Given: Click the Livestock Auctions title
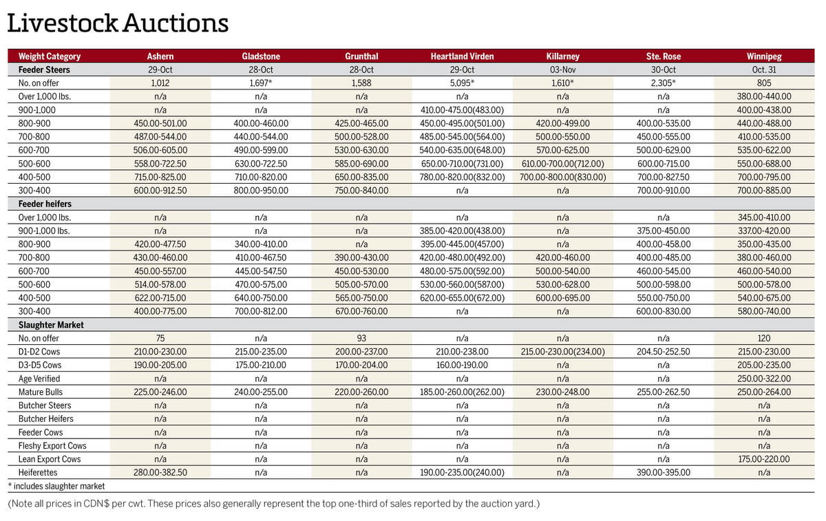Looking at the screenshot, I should (x=118, y=23).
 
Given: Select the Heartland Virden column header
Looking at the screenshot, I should (x=462, y=56).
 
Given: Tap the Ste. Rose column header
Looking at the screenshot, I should (x=663, y=56).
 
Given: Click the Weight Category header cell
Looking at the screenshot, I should (x=50, y=56).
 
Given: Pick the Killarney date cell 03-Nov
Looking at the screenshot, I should (x=562, y=70).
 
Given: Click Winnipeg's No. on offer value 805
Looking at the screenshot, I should (x=763, y=83).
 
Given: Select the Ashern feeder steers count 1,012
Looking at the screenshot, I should (x=160, y=83).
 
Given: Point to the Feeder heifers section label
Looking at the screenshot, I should (x=45, y=204).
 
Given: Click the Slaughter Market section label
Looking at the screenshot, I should (x=47, y=325).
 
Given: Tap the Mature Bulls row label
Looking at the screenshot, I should (x=41, y=392).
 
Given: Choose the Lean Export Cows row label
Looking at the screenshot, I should (x=50, y=459).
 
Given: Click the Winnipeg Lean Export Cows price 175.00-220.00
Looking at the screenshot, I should (x=763, y=459).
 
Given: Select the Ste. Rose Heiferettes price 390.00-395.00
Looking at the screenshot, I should (x=663, y=473).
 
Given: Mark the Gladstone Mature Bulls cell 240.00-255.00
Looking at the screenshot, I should (x=261, y=392).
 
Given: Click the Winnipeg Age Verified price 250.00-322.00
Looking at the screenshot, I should (x=763, y=379).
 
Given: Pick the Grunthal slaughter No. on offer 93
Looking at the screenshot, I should (x=361, y=338).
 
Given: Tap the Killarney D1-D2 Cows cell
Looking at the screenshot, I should (x=562, y=352).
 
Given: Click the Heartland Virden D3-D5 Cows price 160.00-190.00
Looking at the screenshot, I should (x=462, y=365).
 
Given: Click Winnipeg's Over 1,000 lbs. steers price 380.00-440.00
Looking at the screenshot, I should (x=763, y=96).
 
